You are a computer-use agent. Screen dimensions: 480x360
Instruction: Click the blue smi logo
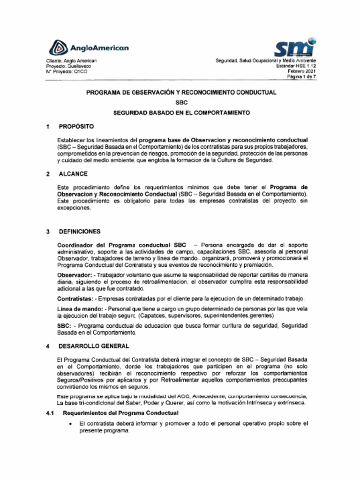[294, 47]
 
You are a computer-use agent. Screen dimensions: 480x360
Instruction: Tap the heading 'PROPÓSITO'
[76, 127]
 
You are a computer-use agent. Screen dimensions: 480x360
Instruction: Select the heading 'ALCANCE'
[73, 174]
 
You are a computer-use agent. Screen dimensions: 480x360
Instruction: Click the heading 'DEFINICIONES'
[79, 232]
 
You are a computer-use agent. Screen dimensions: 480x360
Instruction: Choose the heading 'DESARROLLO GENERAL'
[93, 346]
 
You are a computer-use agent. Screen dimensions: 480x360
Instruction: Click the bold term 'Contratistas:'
[76, 299]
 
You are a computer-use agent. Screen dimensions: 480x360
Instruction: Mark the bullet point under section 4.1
[70, 424]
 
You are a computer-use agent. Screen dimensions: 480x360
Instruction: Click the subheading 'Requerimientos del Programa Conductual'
[120, 413]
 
